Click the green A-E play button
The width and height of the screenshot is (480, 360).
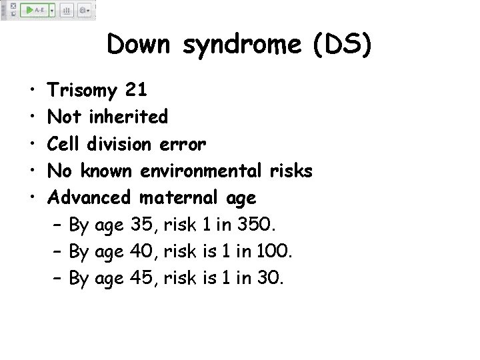[x=34, y=11]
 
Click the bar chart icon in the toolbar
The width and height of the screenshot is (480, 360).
[x=67, y=11]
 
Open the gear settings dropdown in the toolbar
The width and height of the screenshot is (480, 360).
[x=85, y=11]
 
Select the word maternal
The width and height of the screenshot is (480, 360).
[x=179, y=197]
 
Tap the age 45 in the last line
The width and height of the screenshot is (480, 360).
[x=142, y=278]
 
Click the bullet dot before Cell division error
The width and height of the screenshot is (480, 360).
[x=33, y=144]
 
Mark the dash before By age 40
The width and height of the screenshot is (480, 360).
[x=57, y=251]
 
